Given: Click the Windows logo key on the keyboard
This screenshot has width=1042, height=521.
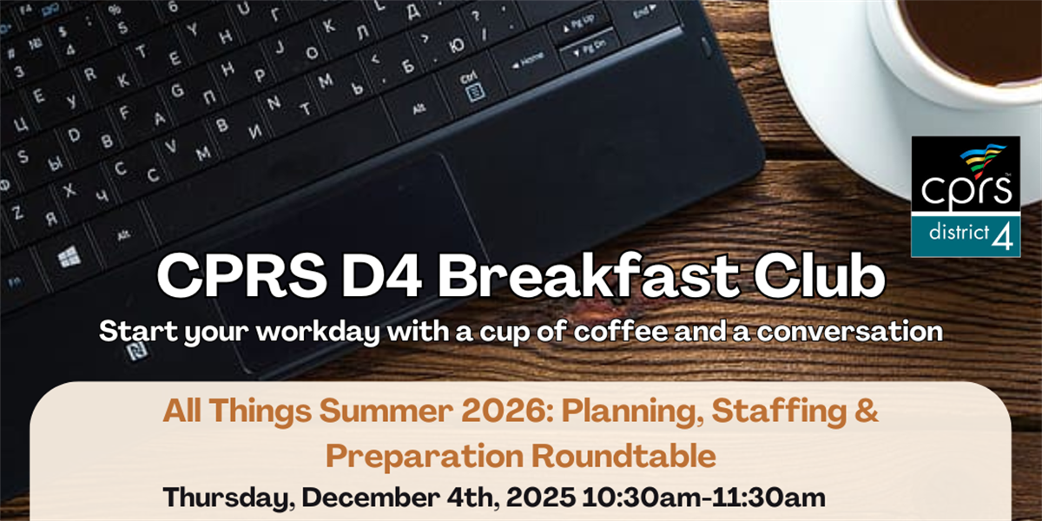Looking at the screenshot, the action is coord(69,257).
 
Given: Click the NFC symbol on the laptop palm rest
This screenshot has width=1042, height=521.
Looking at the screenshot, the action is coord(137,351).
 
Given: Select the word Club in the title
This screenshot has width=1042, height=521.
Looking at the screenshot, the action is coord(820,276).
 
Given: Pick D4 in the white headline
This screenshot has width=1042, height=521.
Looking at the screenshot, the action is coord(381,276).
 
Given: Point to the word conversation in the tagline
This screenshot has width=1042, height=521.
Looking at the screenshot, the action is coord(850,331).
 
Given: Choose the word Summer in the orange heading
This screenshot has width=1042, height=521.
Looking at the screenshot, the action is coord(386,412).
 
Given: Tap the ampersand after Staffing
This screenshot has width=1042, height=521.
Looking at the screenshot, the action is coord(867,412).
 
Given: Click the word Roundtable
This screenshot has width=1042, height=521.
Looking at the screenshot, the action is coord(623,456).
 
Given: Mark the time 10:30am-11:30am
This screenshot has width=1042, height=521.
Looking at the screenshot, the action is coord(704,497).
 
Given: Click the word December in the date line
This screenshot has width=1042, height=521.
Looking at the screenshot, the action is coord(371,497).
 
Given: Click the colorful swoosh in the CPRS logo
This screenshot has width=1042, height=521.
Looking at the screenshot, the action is coord(983,159).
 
